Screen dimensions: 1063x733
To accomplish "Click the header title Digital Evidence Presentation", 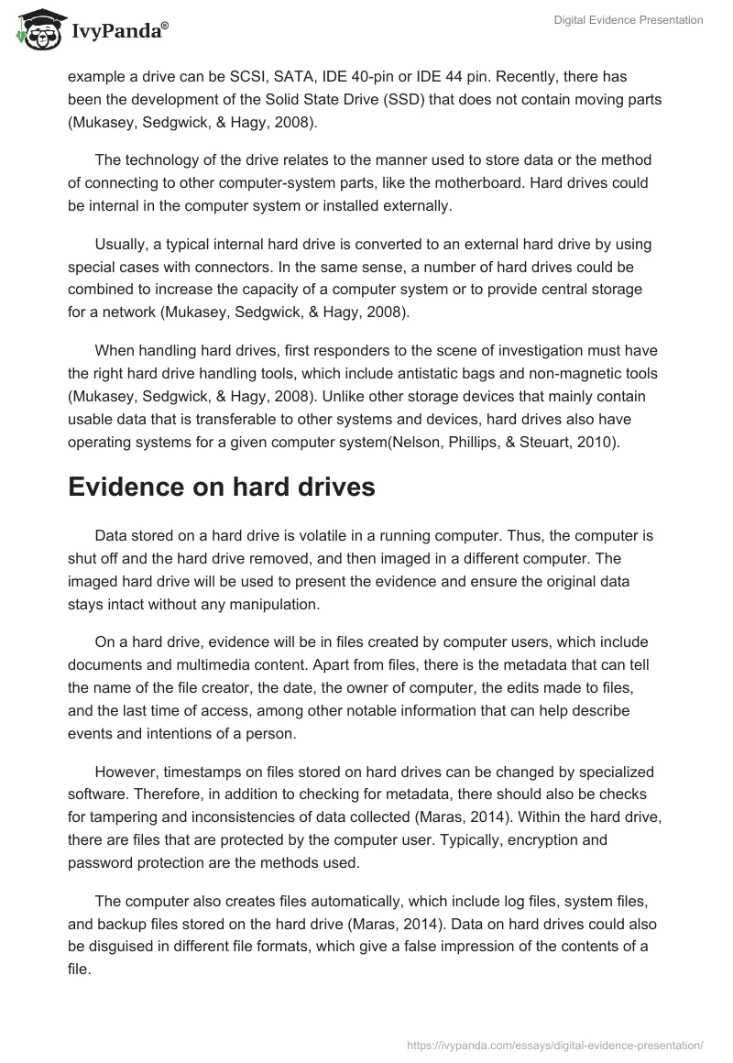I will [629, 21].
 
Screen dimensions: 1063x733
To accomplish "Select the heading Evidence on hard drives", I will [222, 487].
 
